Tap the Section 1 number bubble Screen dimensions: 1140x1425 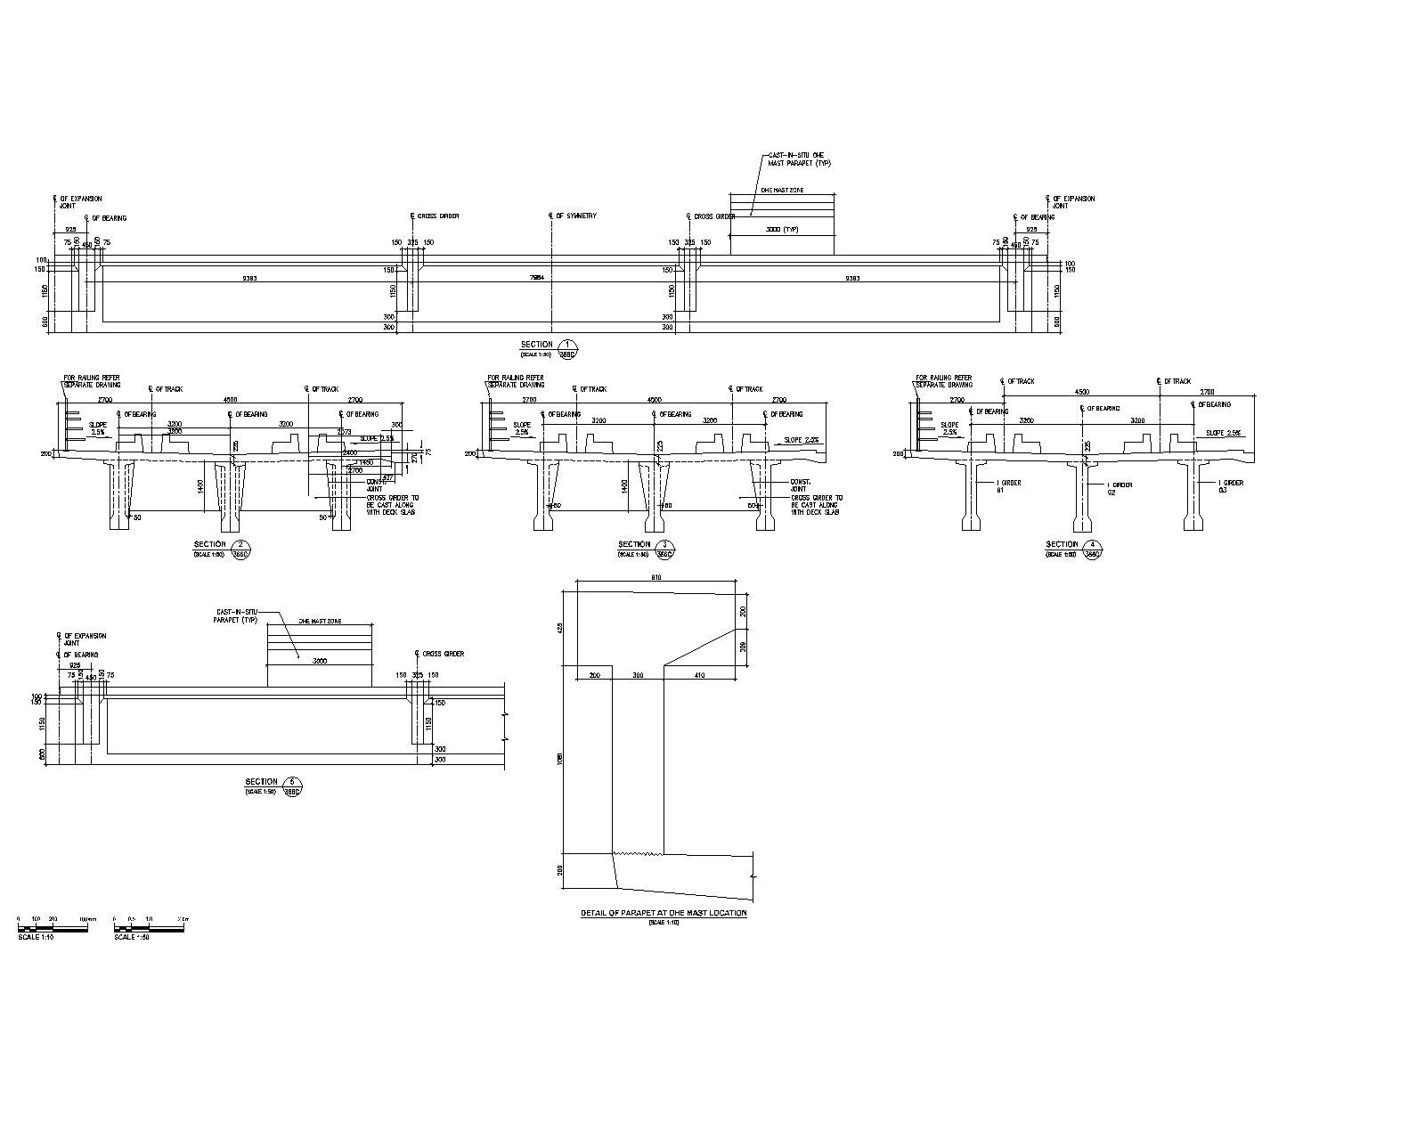click(x=568, y=345)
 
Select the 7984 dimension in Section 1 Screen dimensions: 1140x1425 click(x=537, y=278)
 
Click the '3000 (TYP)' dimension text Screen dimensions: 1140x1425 click(x=781, y=229)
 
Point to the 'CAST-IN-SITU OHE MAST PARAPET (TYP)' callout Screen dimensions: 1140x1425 click(x=799, y=159)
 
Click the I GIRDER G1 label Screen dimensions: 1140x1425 click(x=1008, y=486)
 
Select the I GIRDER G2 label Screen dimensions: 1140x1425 click(x=1120, y=488)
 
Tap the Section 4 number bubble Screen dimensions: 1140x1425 click(x=1092, y=545)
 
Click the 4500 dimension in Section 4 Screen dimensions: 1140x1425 click(x=1082, y=392)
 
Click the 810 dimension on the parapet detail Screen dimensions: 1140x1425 click(x=656, y=578)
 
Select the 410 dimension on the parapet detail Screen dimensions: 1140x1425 click(x=698, y=676)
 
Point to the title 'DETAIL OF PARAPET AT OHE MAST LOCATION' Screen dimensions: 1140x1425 click(x=664, y=913)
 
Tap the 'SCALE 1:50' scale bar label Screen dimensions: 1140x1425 click(x=131, y=936)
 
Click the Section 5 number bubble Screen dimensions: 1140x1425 click(x=291, y=782)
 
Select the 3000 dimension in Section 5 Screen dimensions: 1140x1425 click(x=320, y=661)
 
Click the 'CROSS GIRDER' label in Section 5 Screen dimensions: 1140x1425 click(x=443, y=654)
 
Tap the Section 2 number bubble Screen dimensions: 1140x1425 click(x=239, y=545)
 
